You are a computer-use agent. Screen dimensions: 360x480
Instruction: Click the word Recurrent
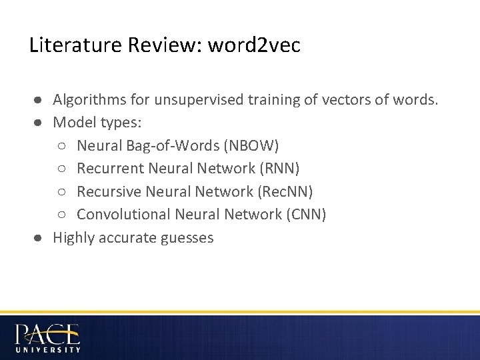[107, 169]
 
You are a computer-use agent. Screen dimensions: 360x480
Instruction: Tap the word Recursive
[107, 191]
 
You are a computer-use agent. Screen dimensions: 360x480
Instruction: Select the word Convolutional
[123, 214]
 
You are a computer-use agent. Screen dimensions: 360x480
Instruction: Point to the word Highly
[74, 237]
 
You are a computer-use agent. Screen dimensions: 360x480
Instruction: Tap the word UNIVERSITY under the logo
[48, 349]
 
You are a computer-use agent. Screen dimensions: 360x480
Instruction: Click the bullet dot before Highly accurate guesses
[40, 237]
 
